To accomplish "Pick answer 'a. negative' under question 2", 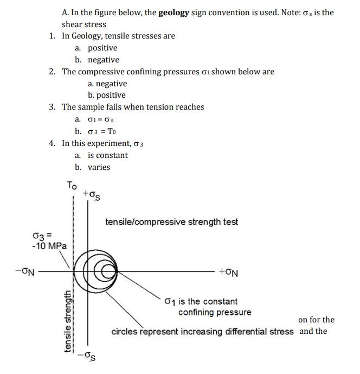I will [107, 84].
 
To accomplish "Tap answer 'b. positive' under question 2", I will [107, 96].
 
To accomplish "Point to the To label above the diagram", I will [72, 185].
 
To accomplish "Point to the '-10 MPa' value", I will [49, 245].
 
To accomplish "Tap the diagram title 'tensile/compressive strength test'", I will [171, 222].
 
